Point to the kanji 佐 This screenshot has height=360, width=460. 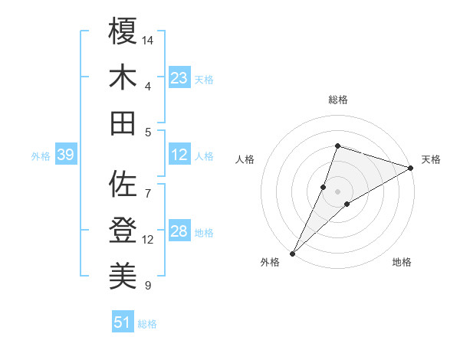[x=123, y=184]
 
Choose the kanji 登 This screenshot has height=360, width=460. [x=123, y=230]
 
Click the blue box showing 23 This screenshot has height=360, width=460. [x=179, y=77]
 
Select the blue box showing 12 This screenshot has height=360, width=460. [x=179, y=155]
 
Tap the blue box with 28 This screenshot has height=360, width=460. [x=179, y=232]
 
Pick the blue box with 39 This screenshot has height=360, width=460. [x=65, y=155]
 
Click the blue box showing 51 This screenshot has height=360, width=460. [x=123, y=322]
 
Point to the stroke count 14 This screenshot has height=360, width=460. [x=149, y=39]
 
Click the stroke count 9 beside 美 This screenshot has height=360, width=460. [x=148, y=286]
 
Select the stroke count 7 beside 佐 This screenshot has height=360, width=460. [x=148, y=185]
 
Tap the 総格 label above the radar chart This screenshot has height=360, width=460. [x=338, y=100]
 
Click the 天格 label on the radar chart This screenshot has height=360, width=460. [x=431, y=159]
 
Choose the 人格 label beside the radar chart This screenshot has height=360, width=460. [x=245, y=159]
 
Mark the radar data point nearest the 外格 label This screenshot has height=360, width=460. [x=292, y=253]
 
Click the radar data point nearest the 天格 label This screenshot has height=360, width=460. [x=411, y=169]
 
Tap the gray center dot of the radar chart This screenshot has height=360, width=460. [x=338, y=191]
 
